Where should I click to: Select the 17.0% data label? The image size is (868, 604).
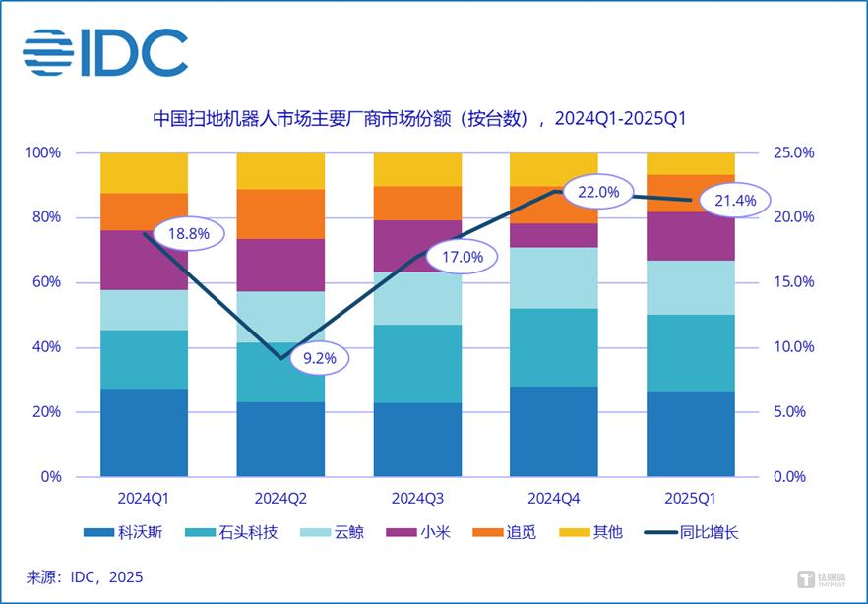click(x=461, y=257)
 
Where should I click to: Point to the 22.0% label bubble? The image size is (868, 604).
click(x=597, y=192)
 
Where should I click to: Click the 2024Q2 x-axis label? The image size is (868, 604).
click(x=280, y=498)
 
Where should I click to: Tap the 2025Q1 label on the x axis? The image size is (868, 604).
click(x=690, y=498)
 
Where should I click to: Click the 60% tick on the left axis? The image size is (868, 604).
click(x=43, y=282)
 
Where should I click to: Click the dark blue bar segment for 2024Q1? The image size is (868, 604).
click(x=145, y=432)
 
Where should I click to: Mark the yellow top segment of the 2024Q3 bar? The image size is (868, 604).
click(x=417, y=169)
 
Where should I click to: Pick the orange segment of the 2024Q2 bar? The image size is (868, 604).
click(x=280, y=213)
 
